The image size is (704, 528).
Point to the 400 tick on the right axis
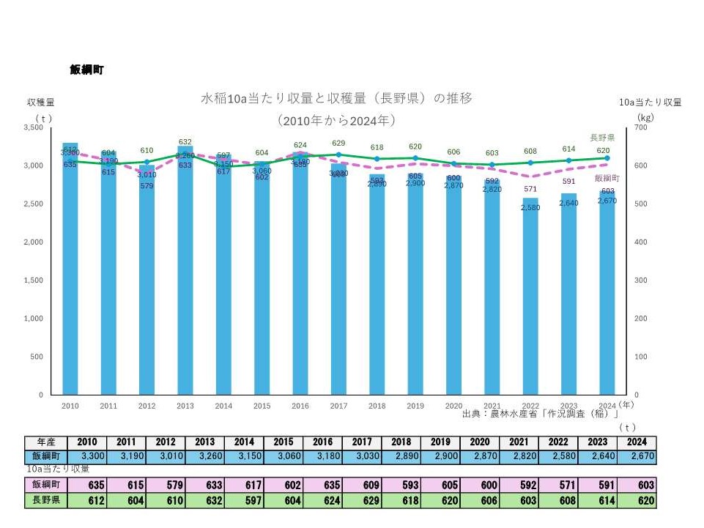(642, 242)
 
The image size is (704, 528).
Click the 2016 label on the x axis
(300, 405)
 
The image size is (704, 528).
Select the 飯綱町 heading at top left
(86, 70)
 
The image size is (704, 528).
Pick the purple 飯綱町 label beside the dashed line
(607, 178)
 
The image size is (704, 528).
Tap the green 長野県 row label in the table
(47, 500)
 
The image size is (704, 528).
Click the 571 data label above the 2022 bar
(530, 189)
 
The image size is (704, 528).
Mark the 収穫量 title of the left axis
(41, 103)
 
